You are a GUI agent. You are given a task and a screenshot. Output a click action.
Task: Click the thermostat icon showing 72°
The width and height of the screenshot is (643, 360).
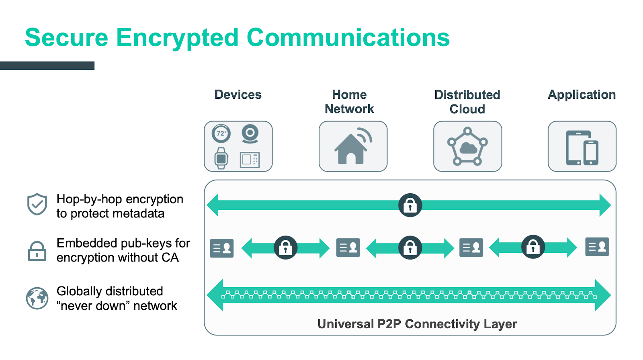pos(221,133)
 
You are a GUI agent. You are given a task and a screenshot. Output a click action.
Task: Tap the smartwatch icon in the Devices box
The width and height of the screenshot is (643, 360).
pos(221,158)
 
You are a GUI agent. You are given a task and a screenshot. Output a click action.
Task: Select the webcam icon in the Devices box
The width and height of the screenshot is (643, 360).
pos(250,134)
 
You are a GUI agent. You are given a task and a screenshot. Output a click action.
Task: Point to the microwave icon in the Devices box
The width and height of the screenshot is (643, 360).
pos(250,160)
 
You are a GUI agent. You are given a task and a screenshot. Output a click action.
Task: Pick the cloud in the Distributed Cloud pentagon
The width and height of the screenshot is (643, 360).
pos(468,148)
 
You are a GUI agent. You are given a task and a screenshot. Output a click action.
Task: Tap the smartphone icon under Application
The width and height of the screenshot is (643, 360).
pos(591,153)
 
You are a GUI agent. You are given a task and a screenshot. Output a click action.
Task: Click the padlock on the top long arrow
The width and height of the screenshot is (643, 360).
pos(410,205)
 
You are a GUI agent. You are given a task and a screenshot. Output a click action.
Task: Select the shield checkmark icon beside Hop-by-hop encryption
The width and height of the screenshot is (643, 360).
pos(37,204)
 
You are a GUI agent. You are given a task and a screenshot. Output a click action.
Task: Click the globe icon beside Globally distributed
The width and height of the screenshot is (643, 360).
pos(37,298)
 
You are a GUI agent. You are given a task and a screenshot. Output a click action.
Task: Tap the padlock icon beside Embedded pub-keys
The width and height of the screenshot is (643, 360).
pos(37,251)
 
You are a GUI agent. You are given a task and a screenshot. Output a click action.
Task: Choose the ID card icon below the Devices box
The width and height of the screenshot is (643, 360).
pos(222,248)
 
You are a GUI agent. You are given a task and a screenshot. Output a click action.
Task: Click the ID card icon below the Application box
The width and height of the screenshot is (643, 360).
pos(597,247)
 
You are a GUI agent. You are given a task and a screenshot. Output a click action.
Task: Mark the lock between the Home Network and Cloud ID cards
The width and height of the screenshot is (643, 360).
pos(410,247)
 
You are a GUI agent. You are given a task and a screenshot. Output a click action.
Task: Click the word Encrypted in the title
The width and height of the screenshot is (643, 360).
pos(177,38)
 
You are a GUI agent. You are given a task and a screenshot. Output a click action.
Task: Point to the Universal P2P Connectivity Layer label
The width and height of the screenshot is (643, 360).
pos(417,324)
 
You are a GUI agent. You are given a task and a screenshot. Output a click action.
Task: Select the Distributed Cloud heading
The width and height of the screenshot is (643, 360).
pos(467,102)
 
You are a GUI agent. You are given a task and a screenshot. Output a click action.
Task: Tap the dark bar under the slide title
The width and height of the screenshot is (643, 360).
pos(47,65)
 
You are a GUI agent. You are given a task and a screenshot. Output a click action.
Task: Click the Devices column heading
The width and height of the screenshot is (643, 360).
pos(238,94)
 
